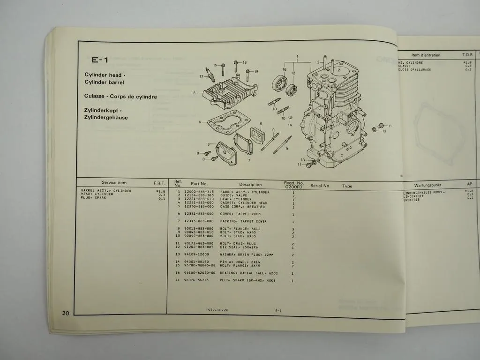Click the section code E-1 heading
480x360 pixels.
100,60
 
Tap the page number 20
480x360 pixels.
65,313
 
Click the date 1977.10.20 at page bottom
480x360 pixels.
217,310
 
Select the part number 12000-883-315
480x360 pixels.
199,192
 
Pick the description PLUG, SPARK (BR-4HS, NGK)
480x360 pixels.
247,281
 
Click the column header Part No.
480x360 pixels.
199,184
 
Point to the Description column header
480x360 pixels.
250,184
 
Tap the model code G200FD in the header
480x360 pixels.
294,187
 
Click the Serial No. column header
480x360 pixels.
320,186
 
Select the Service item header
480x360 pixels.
114,182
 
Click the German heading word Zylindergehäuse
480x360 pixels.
106,118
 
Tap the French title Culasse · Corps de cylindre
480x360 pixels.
120,97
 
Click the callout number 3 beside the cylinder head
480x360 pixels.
194,93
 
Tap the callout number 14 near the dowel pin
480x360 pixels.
290,125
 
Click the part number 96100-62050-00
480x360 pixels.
200,273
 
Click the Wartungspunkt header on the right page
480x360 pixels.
428,185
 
